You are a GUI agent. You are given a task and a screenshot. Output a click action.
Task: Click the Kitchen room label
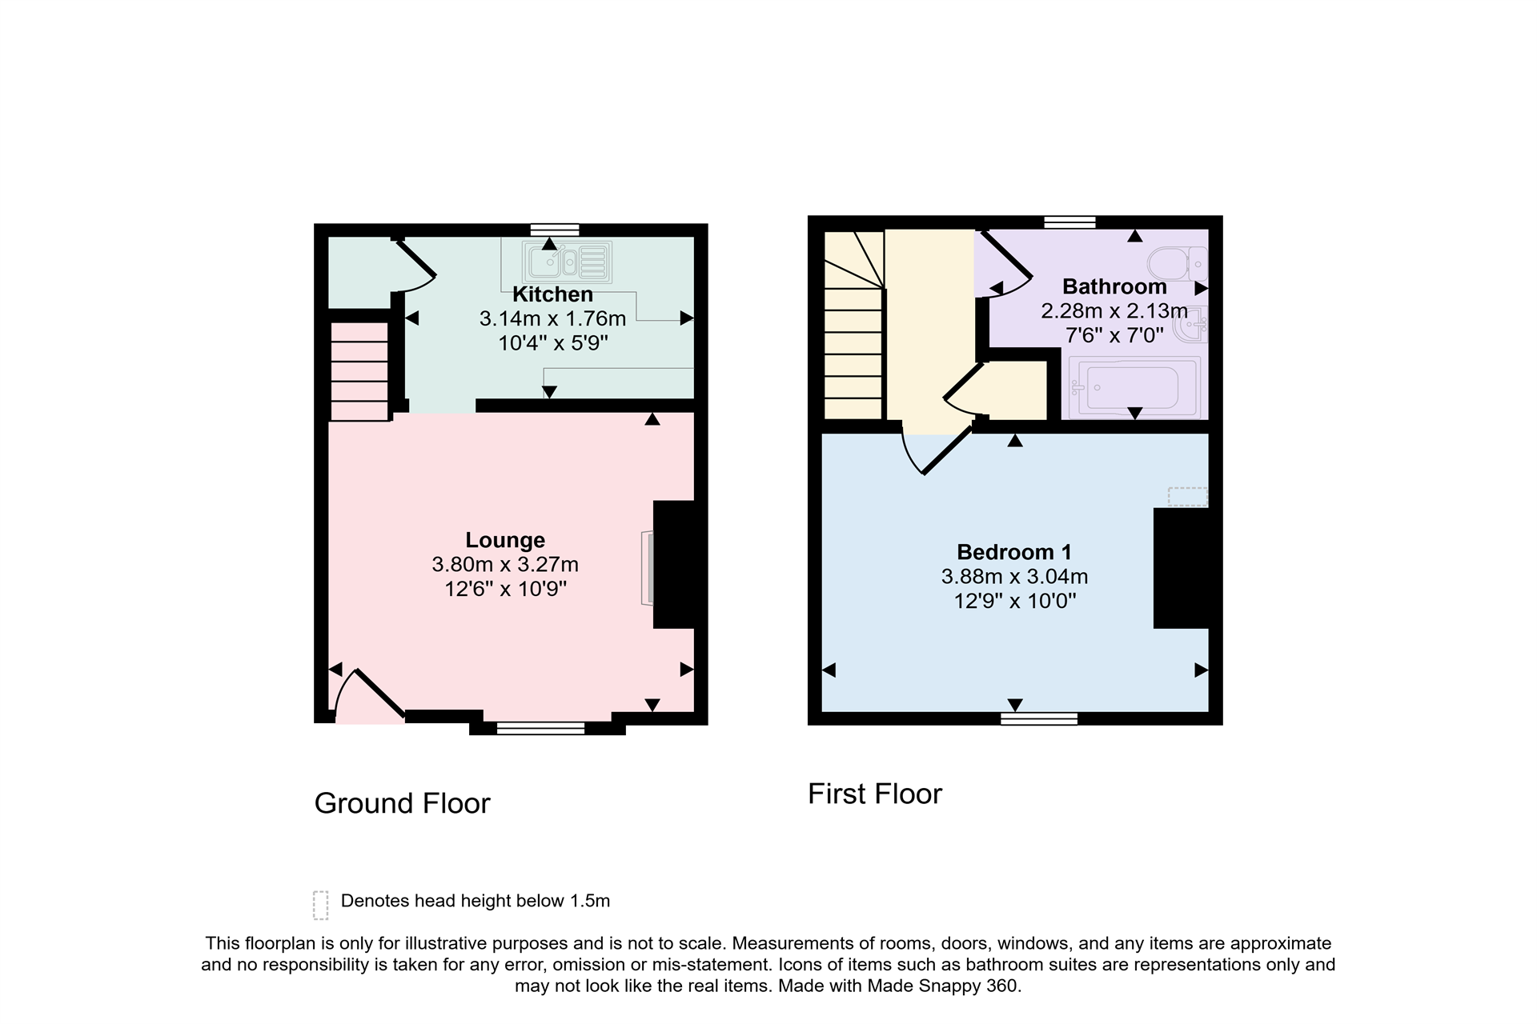(552, 294)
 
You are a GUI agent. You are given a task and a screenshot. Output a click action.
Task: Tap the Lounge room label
(505, 540)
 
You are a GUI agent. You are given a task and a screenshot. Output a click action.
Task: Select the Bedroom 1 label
(1014, 552)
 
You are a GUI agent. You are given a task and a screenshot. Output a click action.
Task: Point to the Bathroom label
(1114, 286)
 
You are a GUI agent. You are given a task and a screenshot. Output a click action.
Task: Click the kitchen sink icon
(568, 261)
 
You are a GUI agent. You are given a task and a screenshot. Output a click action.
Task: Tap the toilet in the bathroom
(1178, 263)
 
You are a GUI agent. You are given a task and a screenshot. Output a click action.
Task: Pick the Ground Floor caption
(402, 803)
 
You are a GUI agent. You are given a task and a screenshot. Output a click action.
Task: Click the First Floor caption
(875, 794)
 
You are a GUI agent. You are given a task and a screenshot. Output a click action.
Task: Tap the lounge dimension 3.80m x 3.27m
(505, 565)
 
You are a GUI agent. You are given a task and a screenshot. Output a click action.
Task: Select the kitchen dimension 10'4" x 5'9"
(553, 343)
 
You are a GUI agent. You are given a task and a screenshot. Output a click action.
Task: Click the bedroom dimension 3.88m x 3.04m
(1014, 577)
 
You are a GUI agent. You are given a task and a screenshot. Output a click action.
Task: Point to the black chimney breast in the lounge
(674, 564)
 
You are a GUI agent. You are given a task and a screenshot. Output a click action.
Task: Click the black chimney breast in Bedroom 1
(1181, 568)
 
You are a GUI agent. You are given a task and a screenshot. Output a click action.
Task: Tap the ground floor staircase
(359, 371)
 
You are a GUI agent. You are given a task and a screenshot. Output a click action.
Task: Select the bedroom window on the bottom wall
(1039, 718)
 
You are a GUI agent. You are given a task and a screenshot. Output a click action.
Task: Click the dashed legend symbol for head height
(321, 906)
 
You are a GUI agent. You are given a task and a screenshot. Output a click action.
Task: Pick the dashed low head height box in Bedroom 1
(1188, 497)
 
